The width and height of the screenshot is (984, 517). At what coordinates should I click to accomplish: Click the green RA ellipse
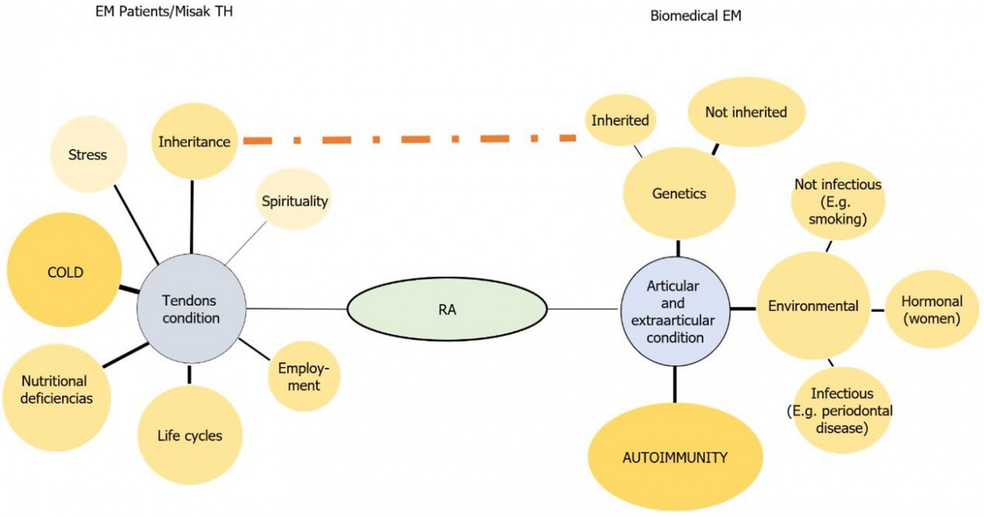(447, 309)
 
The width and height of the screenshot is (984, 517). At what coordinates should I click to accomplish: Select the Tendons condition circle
(191, 309)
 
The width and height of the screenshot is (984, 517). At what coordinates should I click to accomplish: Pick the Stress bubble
(88, 154)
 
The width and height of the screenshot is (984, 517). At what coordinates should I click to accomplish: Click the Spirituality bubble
(295, 200)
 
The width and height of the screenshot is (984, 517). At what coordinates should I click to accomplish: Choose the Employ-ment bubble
(304, 376)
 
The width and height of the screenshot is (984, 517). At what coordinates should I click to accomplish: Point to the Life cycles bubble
(189, 435)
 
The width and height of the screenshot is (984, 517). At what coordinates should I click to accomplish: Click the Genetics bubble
(679, 193)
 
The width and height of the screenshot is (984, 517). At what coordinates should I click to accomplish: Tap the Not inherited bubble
(745, 112)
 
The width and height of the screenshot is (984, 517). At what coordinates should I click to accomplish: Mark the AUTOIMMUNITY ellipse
(675, 457)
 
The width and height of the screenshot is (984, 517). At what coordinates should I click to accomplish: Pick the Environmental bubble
(813, 306)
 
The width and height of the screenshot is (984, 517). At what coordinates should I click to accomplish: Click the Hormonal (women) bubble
(931, 309)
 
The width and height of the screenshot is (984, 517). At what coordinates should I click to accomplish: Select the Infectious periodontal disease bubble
(841, 410)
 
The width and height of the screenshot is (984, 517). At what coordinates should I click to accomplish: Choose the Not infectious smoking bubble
(838, 201)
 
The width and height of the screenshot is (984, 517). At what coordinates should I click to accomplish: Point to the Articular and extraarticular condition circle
(675, 311)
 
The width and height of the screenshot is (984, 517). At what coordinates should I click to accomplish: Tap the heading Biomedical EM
(696, 16)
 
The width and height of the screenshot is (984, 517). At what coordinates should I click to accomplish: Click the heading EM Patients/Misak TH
(164, 12)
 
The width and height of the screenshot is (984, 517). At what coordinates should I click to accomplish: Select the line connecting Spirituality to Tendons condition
(247, 243)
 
